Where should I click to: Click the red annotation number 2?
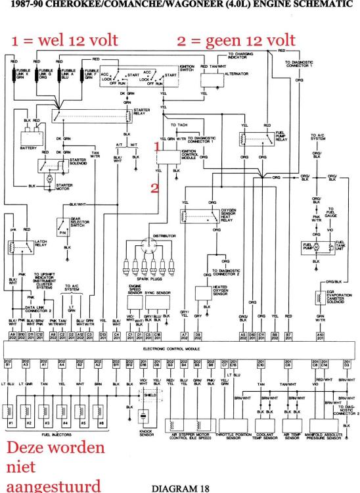156,188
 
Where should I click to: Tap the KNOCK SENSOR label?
146,434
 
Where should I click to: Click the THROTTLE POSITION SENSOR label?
236,436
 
